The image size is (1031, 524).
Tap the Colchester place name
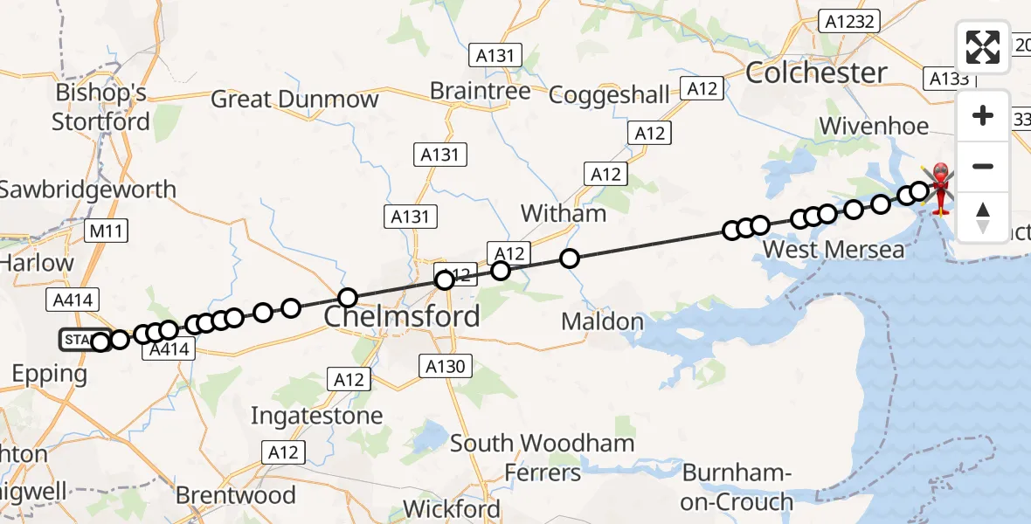coord(816,72)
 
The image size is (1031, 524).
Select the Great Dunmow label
coord(294,99)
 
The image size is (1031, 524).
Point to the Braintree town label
coord(481,91)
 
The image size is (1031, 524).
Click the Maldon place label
coord(602,321)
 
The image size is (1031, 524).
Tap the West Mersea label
coord(834,250)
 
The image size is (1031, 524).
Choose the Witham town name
coord(563,213)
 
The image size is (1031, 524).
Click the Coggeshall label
coord(609,94)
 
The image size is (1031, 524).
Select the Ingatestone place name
coord(316,416)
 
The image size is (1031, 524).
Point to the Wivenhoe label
coord(874,126)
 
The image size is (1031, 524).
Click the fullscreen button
coord(983,47)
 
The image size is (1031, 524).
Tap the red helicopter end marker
coord(941,185)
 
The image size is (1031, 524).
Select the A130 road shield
coord(446,366)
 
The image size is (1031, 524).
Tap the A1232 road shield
coord(848,22)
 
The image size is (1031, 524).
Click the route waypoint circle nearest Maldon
coord(570,258)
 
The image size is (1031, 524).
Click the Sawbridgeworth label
coord(87,190)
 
